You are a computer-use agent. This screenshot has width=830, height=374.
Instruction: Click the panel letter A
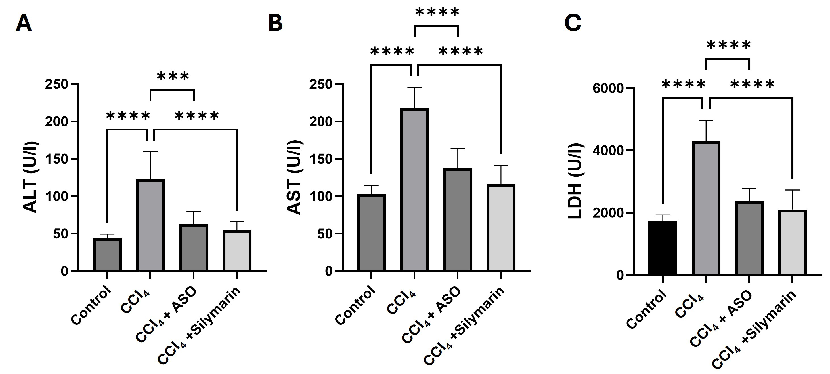pyautogui.click(x=24, y=24)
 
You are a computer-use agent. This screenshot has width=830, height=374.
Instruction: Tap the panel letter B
pyautogui.click(x=276, y=24)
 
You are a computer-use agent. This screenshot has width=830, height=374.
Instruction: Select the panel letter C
pyautogui.click(x=573, y=24)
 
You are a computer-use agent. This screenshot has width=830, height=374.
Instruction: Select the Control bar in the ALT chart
pyautogui.click(x=107, y=254)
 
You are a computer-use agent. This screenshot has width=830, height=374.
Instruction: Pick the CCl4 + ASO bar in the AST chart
pyautogui.click(x=458, y=219)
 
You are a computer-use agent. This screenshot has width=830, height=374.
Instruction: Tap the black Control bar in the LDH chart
pyautogui.click(x=663, y=248)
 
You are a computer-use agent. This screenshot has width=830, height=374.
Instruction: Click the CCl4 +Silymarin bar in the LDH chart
pyautogui.click(x=793, y=242)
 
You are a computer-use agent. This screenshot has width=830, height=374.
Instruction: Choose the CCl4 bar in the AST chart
pyautogui.click(x=414, y=190)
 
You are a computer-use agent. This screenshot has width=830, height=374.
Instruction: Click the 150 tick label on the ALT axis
pyautogui.click(x=56, y=159)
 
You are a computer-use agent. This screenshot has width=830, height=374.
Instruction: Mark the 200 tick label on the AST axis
pyautogui.click(x=320, y=122)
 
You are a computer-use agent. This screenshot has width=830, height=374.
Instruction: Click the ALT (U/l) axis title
pyautogui.click(x=31, y=177)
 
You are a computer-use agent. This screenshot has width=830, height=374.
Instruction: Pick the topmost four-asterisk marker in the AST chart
pyautogui.click(x=437, y=12)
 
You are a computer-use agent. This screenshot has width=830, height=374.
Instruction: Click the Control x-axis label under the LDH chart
pyautogui.click(x=647, y=309)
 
